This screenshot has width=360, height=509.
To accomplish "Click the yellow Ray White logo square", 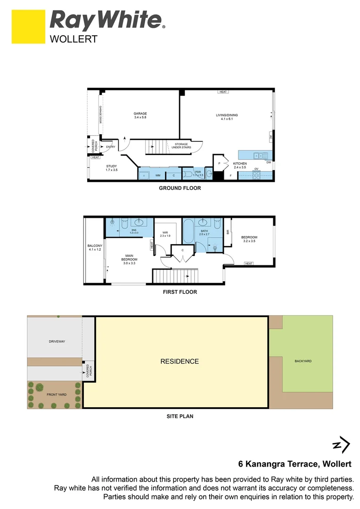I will click(28, 27).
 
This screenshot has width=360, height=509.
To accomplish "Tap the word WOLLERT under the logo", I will click(74, 40).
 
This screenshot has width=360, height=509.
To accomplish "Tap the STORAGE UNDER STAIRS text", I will click(181, 146).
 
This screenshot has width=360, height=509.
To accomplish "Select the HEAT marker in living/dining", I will click(223, 92).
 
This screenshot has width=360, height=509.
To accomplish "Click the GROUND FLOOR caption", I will click(180, 188).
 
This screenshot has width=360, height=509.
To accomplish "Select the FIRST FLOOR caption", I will click(180, 292).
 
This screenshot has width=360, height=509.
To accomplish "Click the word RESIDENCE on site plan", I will click(180, 361).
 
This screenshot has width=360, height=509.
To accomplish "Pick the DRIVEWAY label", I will click(57, 341).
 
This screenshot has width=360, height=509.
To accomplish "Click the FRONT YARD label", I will click(56, 394).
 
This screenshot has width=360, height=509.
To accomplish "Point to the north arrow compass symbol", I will click(341, 444).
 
